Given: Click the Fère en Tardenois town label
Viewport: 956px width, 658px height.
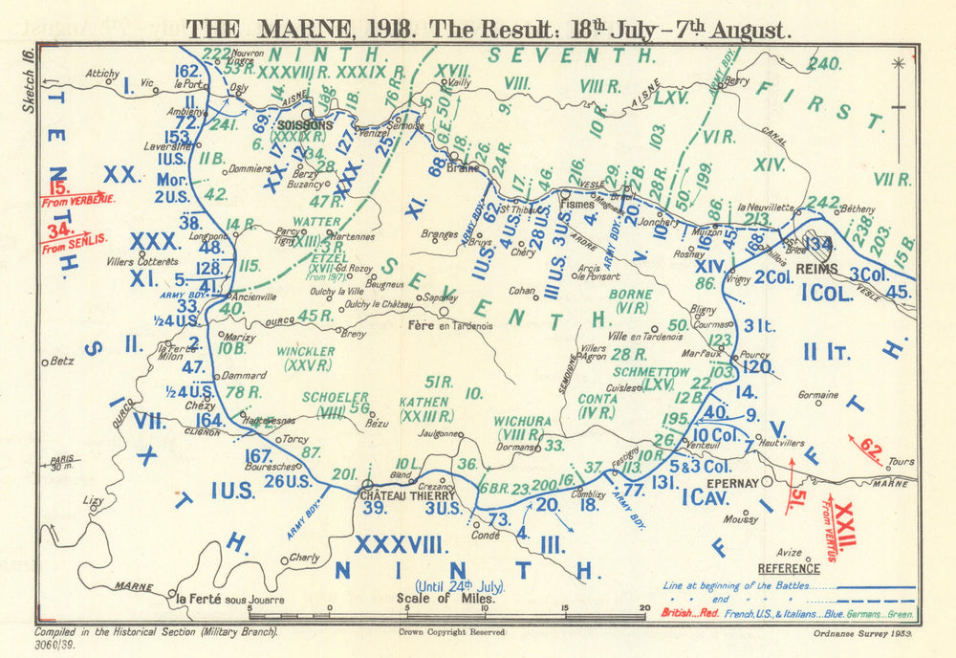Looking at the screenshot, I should click(x=450, y=324).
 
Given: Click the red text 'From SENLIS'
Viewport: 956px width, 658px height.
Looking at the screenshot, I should click(x=76, y=245).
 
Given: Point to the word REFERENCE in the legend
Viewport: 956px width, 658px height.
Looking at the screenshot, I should click(x=788, y=568).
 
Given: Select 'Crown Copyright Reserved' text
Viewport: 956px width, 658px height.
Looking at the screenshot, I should click(x=450, y=631).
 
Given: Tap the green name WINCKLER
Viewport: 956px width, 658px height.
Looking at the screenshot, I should click(x=305, y=352).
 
